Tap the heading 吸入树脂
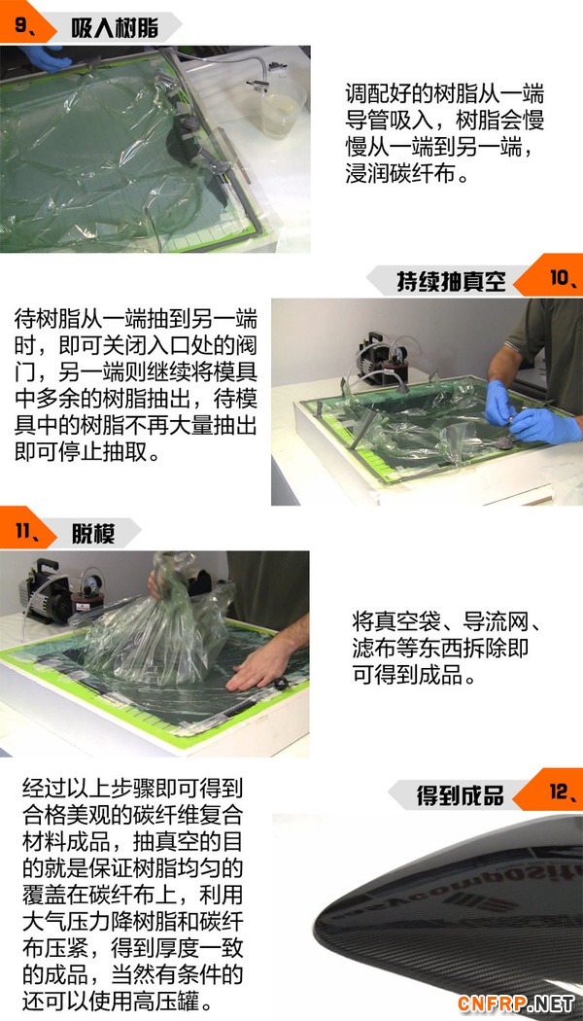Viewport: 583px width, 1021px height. [x=107, y=28]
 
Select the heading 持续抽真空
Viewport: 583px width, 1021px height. [x=451, y=281]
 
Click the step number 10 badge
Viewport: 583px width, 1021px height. [x=560, y=278]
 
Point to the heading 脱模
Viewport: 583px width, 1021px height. [x=93, y=534]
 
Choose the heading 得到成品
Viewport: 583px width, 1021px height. [x=460, y=795]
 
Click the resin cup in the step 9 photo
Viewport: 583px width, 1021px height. [x=283, y=107]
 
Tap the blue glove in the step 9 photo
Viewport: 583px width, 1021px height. [x=46, y=58]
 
